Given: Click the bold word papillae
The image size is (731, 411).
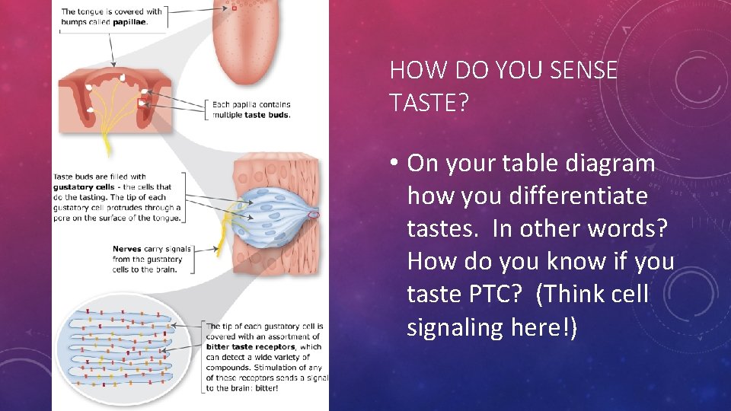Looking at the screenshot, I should tap(131, 23).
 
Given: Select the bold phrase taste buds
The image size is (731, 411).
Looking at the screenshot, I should tap(273, 115).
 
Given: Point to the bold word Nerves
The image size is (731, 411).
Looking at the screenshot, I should tap(127, 248).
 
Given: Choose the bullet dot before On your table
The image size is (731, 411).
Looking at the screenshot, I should tap(395, 164).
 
